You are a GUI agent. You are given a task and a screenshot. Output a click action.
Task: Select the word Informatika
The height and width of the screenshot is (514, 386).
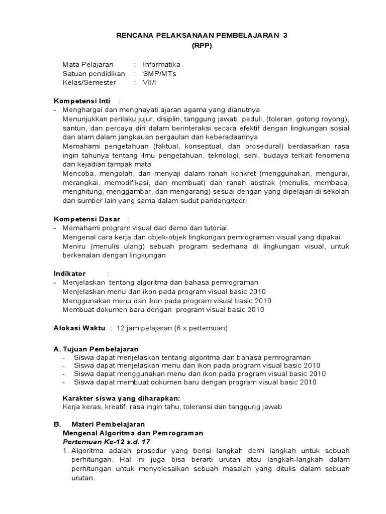tap(161, 65)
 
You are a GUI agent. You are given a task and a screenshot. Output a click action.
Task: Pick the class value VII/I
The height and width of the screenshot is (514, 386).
tap(150, 83)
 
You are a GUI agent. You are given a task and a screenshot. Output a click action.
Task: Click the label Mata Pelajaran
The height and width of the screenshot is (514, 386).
tap(88, 65)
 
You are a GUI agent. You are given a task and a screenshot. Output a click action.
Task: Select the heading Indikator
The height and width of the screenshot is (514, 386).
tap(70, 274)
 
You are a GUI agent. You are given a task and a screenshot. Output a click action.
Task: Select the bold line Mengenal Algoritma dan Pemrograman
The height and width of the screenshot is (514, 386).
tap(133, 433)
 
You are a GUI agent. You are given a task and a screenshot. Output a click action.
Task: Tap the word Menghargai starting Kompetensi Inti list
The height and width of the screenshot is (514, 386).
tap(81, 110)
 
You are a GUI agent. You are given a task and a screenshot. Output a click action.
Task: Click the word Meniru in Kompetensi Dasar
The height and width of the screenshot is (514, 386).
tap(73, 246)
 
